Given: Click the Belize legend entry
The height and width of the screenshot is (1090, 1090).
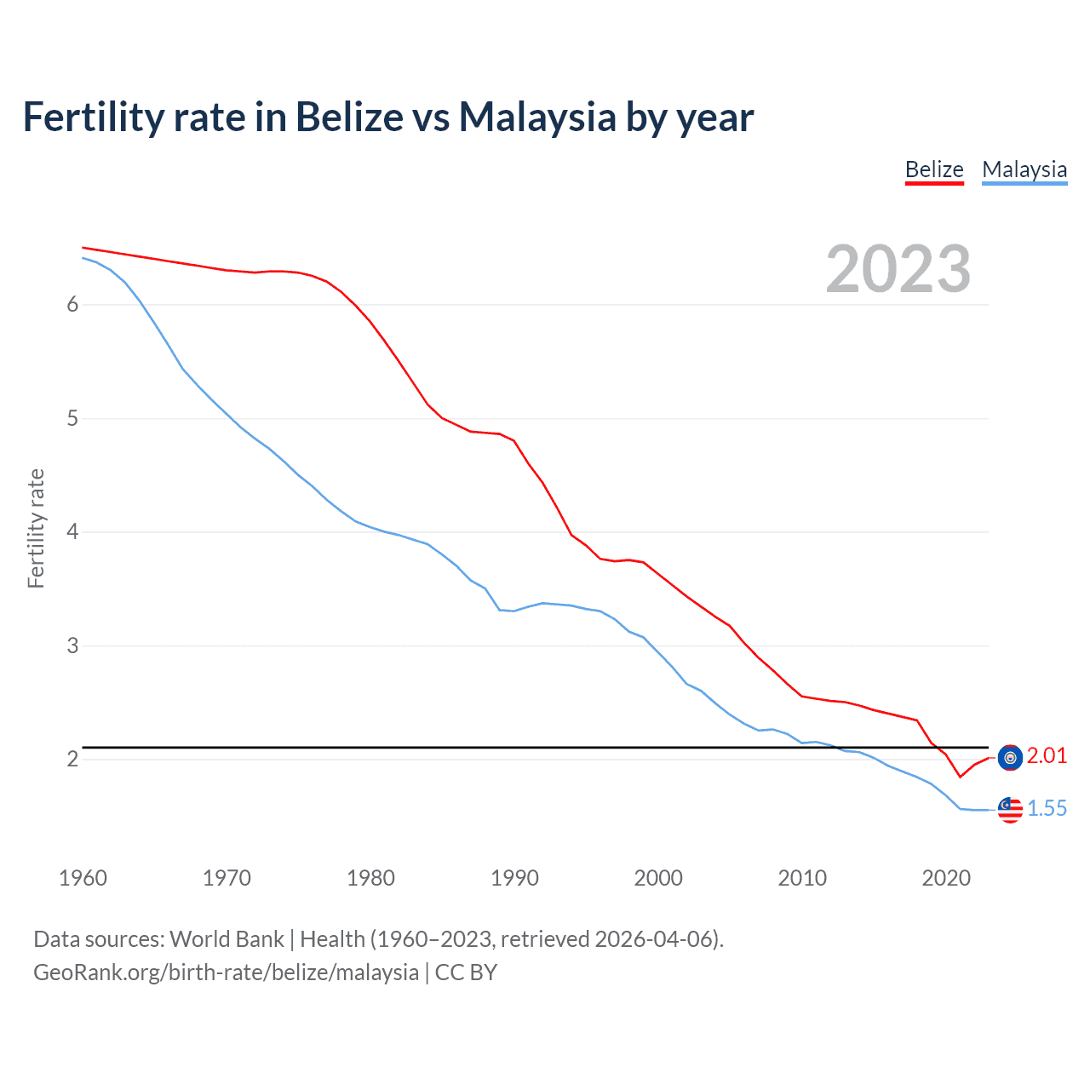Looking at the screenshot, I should (x=934, y=169).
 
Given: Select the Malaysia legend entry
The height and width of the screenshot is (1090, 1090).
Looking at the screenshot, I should (x=1024, y=169).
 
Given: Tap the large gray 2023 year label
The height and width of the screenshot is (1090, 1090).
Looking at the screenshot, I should (x=898, y=269).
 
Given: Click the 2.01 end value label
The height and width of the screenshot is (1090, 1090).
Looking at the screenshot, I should (x=1047, y=756).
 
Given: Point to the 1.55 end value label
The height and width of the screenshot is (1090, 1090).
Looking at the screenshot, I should (x=1047, y=808).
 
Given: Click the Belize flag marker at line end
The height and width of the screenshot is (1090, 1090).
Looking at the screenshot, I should (x=1010, y=757).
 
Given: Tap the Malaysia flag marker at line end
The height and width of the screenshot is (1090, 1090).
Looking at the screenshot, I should (x=1010, y=810).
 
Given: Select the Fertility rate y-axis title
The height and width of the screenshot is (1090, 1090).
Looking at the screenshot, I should (x=36, y=528).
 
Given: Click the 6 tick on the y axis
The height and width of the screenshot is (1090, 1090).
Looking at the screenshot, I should (x=72, y=305).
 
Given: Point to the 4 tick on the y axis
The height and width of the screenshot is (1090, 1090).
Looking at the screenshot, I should (x=72, y=532).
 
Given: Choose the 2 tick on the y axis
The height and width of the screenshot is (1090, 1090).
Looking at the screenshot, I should (x=72, y=759).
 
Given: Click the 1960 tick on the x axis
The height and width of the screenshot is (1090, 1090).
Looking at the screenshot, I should (x=83, y=878).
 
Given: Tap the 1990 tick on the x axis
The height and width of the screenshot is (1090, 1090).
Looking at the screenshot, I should (x=514, y=878).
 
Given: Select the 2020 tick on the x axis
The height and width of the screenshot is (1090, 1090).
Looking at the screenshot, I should (x=946, y=878).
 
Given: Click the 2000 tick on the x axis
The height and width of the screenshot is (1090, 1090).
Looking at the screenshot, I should (x=658, y=878).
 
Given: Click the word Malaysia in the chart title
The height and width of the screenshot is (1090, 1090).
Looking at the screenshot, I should (x=537, y=118).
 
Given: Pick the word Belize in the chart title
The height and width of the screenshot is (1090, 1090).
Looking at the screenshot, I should (x=349, y=118).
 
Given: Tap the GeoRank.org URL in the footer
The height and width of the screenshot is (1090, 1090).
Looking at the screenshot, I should (x=226, y=972).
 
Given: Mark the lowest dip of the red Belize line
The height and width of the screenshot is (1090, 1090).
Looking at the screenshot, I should (x=960, y=777).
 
